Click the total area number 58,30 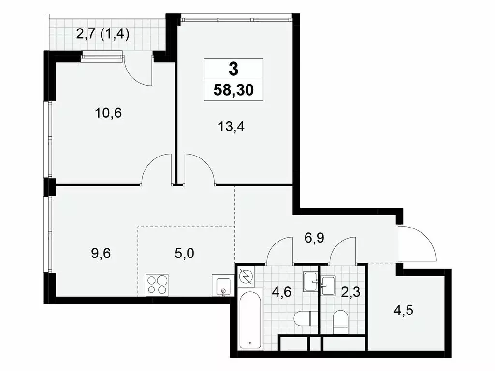233,90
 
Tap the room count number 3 233,69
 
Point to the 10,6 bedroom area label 108,113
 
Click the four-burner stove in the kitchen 158,284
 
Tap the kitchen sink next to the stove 223,285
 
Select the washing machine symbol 246,276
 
